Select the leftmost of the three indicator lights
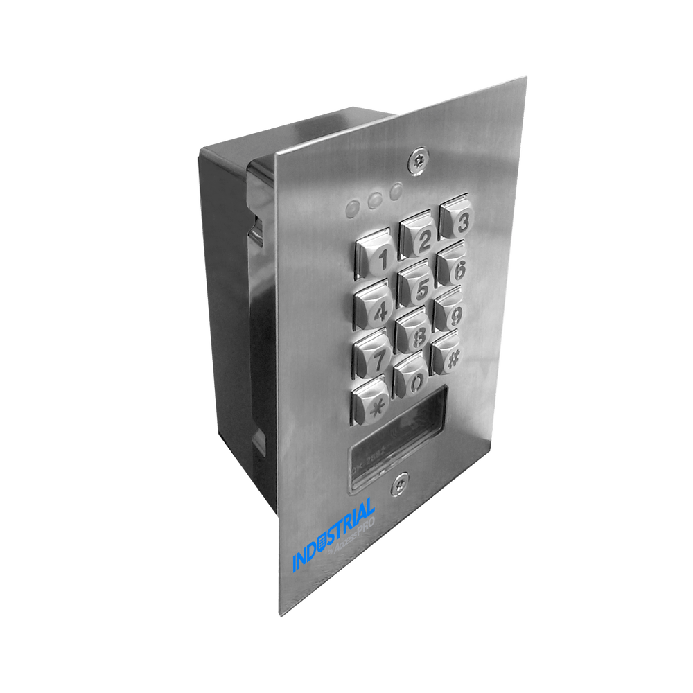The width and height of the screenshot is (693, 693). point(354,207)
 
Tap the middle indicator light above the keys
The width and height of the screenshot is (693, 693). point(375,199)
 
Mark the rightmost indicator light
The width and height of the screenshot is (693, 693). point(395,191)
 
